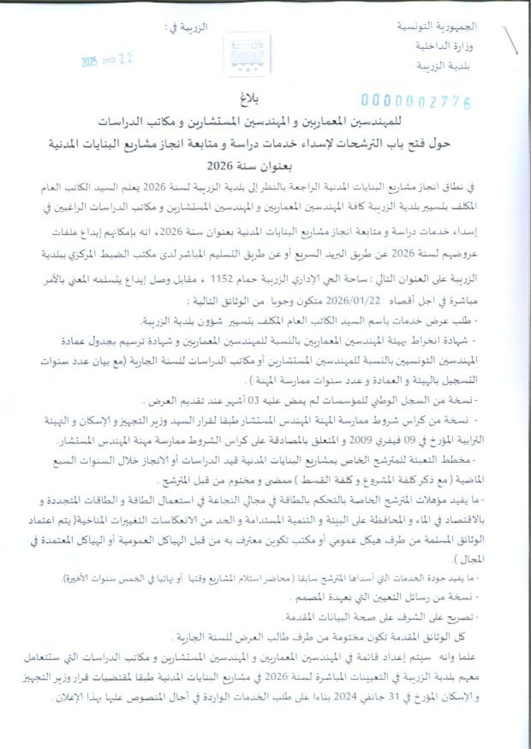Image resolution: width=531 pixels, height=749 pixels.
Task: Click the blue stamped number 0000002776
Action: pyautogui.click(x=415, y=102)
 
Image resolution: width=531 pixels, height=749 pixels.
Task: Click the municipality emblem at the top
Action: pyautogui.click(x=248, y=55)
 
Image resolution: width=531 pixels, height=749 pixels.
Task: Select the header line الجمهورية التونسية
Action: pyautogui.click(x=437, y=27)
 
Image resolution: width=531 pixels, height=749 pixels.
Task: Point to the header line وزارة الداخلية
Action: pyautogui.click(x=444, y=46)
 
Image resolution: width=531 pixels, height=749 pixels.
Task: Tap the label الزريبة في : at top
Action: pyautogui.click(x=186, y=27)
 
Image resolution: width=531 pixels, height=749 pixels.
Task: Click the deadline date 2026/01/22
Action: pyautogui.click(x=359, y=300)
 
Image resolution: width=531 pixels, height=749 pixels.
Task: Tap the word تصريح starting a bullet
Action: pyautogui.click(x=461, y=617)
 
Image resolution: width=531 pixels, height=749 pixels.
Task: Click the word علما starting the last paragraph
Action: pyautogui.click(x=466, y=657)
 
